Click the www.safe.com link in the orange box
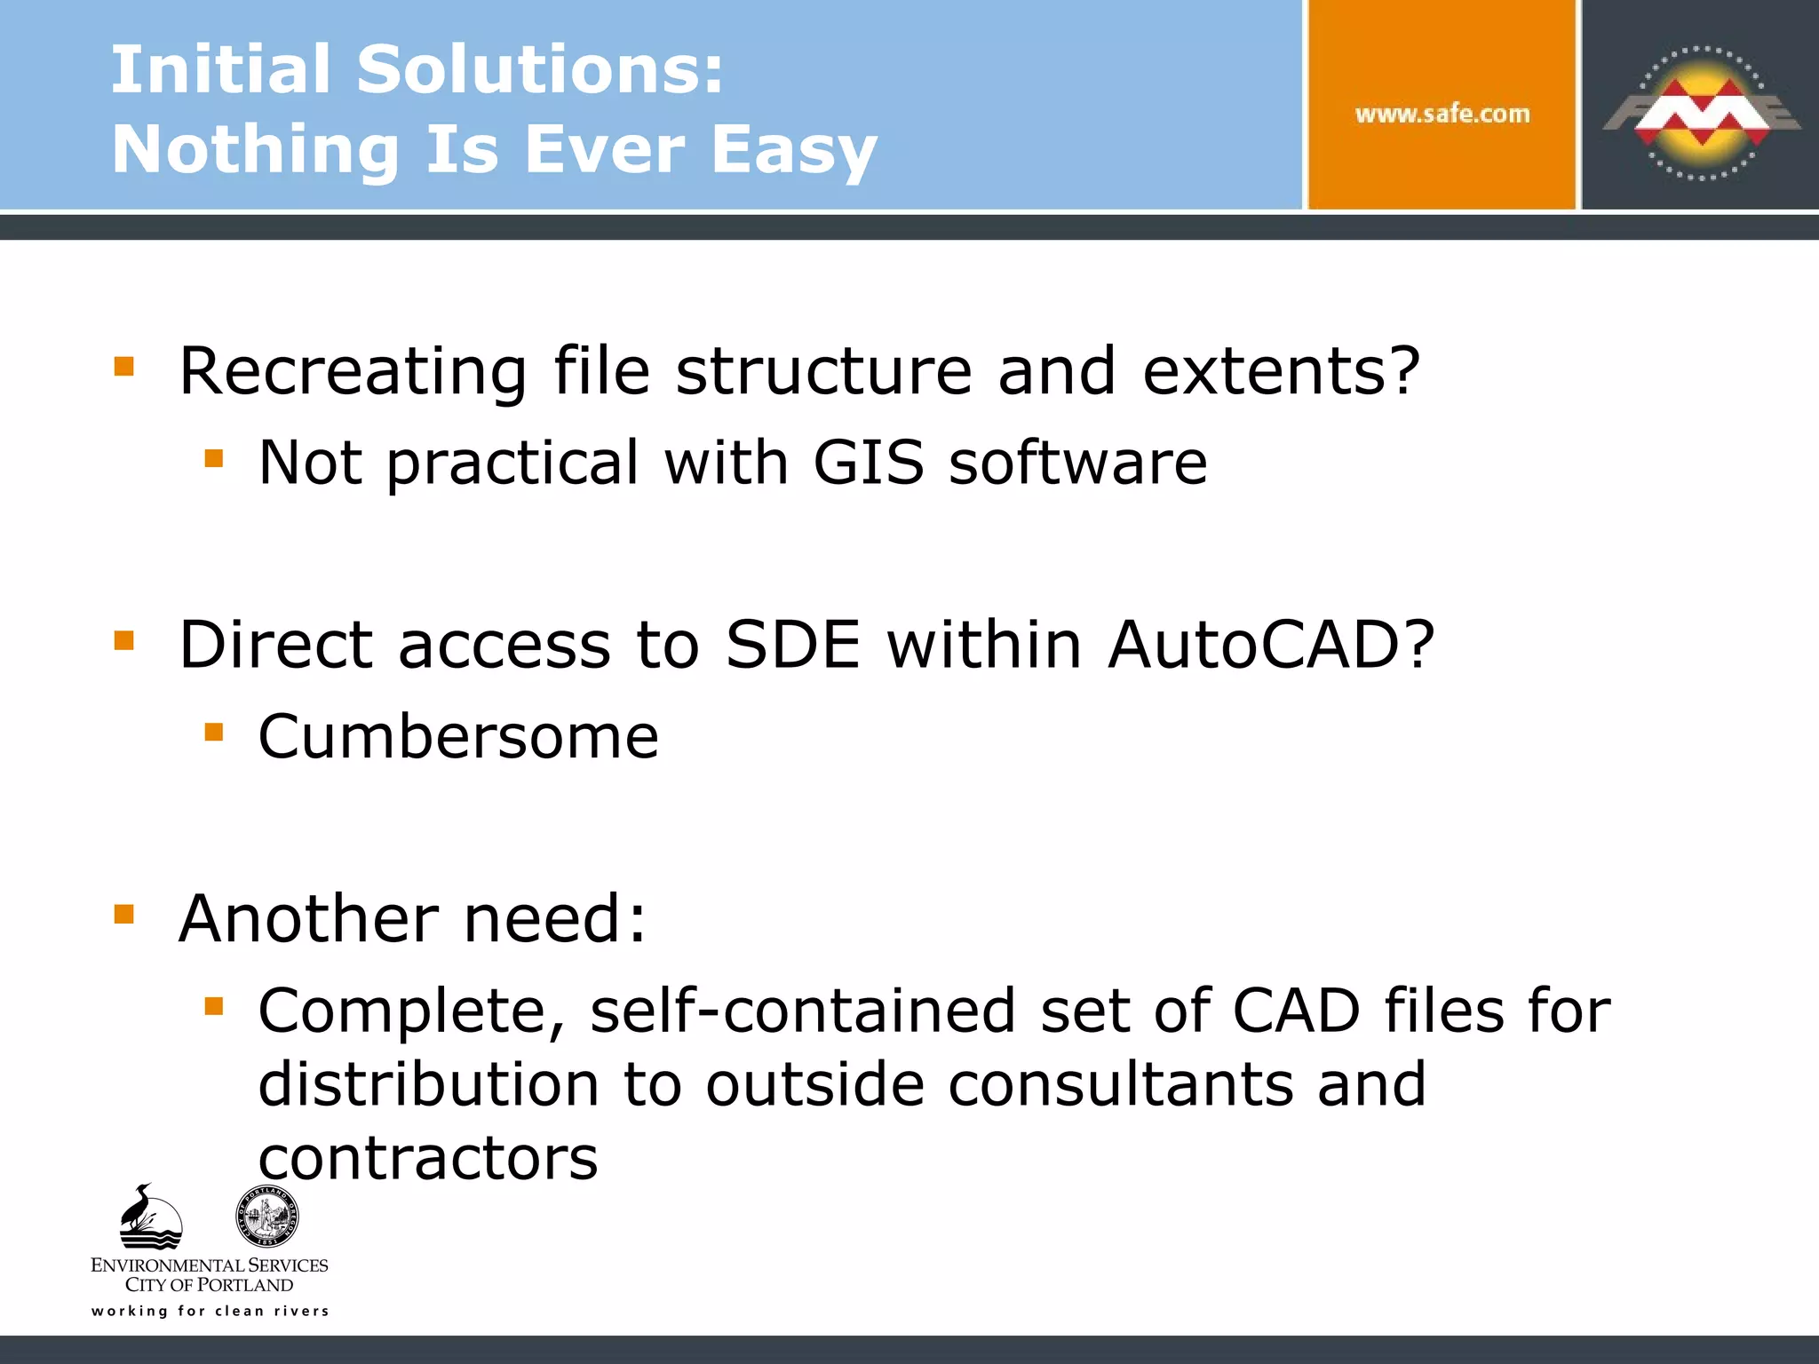[1442, 114]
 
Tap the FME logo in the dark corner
[1701, 113]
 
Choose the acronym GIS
[868, 463]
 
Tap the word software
[1077, 463]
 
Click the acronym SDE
[793, 645]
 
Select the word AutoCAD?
[1271, 645]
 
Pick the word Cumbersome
[458, 737]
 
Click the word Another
[308, 918]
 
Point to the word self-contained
[802, 1011]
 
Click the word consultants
[1120, 1084]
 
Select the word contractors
[428, 1159]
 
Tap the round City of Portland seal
[266, 1216]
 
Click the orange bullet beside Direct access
[124, 640]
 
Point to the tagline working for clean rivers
[210, 1312]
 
